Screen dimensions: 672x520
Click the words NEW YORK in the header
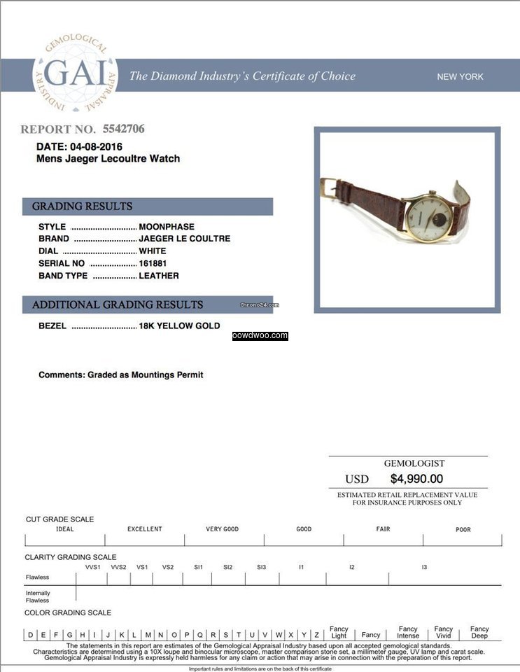(460, 77)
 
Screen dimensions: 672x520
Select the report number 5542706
(123, 129)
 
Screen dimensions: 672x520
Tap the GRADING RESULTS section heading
(82, 206)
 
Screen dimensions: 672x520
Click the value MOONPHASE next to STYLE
(167, 227)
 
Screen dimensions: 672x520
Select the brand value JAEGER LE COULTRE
(184, 239)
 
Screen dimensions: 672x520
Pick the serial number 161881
(153, 263)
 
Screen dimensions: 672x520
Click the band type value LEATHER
(159, 276)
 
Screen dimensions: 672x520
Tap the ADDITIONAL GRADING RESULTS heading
(118, 305)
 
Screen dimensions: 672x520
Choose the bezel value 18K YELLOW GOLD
(179, 325)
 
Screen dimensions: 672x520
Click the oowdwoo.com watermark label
(260, 336)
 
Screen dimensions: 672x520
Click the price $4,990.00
(416, 479)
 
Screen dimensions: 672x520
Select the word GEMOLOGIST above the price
(414, 463)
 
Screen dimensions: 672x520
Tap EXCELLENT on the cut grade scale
(144, 529)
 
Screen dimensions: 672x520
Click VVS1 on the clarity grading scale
(93, 567)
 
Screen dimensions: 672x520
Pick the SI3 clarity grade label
(261, 567)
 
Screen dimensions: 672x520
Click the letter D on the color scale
(31, 635)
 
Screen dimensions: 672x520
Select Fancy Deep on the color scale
(479, 632)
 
